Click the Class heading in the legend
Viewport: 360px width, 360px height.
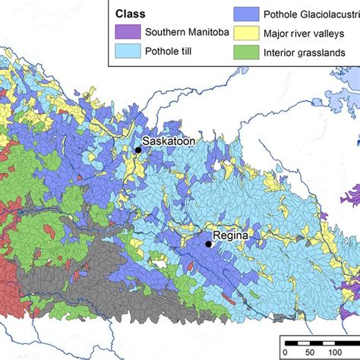tap(131, 14)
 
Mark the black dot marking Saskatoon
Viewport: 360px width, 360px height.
tap(138, 150)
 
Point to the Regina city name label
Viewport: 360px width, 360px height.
tap(230, 235)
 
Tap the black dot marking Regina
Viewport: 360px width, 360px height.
tap(208, 244)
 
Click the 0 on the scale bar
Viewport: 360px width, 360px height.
tap(284, 352)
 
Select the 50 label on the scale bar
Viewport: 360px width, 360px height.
tap(309, 352)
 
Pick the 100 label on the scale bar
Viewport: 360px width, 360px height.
tap(335, 352)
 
